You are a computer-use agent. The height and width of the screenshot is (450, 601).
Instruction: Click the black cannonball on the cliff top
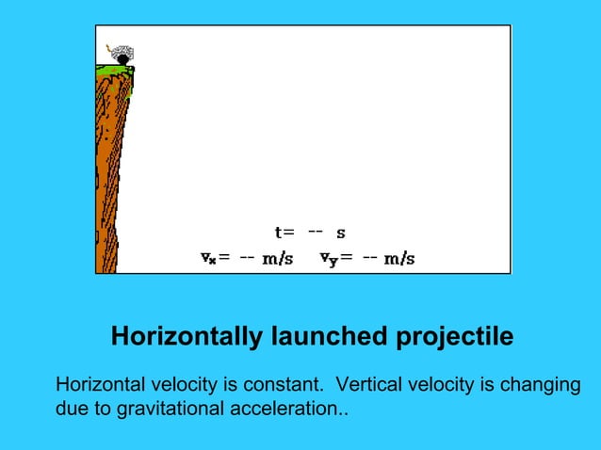122,60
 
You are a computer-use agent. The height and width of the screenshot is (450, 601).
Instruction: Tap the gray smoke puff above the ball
122,51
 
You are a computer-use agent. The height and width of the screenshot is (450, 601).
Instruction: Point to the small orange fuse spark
109,43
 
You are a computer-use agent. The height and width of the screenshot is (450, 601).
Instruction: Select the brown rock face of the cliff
110,169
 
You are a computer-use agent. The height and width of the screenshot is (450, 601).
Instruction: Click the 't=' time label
284,232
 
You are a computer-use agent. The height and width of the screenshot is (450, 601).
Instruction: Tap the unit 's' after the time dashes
340,233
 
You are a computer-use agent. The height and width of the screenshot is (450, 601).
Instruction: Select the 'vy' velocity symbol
327,257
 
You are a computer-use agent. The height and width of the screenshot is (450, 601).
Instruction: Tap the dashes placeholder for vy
370,257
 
